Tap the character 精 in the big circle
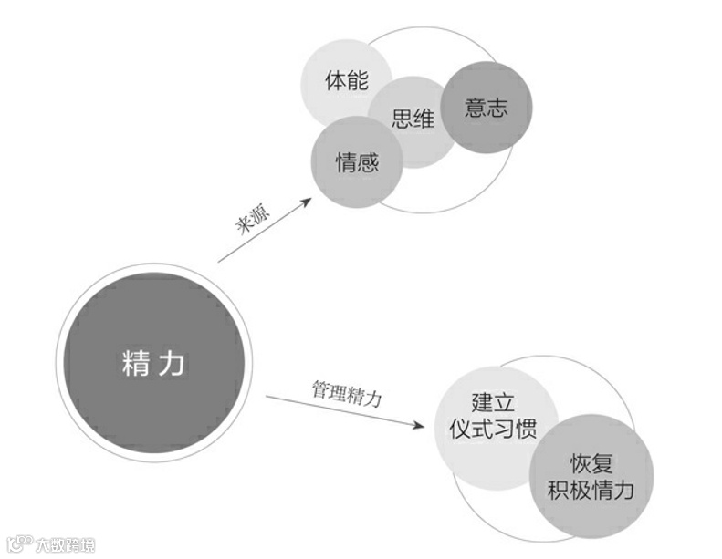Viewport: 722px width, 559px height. pos(135,363)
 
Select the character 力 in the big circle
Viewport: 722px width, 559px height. pos(172,363)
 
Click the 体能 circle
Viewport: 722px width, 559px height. pos(346,80)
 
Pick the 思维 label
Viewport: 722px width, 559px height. pos(413,119)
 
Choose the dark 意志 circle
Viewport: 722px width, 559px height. pos(486,107)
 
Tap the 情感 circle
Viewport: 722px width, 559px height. pos(356,162)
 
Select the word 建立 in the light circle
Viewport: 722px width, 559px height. pos(493,402)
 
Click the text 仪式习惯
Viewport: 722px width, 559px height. pos(493,430)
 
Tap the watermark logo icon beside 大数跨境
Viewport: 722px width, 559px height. pos(19,544)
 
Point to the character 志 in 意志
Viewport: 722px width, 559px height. pos(497,107)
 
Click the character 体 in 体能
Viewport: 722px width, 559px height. pos(335,80)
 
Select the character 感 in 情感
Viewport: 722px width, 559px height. pos(367,162)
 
